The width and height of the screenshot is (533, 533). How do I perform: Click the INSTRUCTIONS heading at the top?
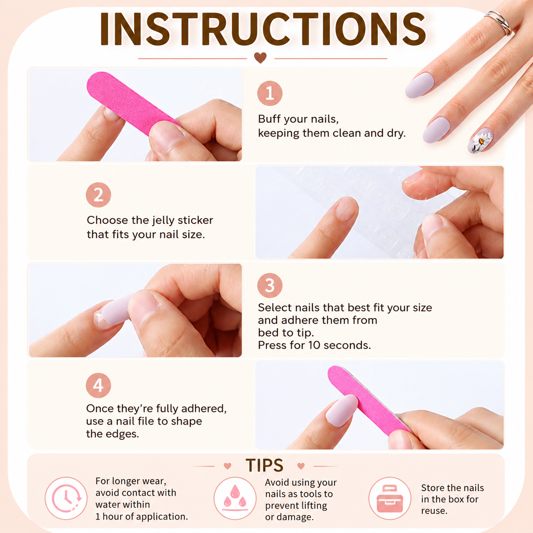point(263,29)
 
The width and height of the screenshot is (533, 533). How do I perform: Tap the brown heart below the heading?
point(260,57)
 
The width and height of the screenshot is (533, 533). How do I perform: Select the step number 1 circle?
point(270,93)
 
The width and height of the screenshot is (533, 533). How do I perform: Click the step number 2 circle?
point(98,195)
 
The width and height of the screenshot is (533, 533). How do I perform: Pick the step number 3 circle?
point(270,285)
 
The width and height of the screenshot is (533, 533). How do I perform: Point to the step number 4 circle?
point(98,386)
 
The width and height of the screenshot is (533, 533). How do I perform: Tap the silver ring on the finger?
point(499,22)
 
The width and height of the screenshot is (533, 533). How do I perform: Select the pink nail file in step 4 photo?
point(369,400)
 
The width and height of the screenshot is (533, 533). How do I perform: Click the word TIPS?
point(264,465)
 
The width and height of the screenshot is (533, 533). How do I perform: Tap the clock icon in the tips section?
point(66,498)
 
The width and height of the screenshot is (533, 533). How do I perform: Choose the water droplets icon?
point(235,498)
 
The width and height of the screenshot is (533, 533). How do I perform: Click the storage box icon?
point(390,498)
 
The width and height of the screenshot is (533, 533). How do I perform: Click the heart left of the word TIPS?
point(227,466)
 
